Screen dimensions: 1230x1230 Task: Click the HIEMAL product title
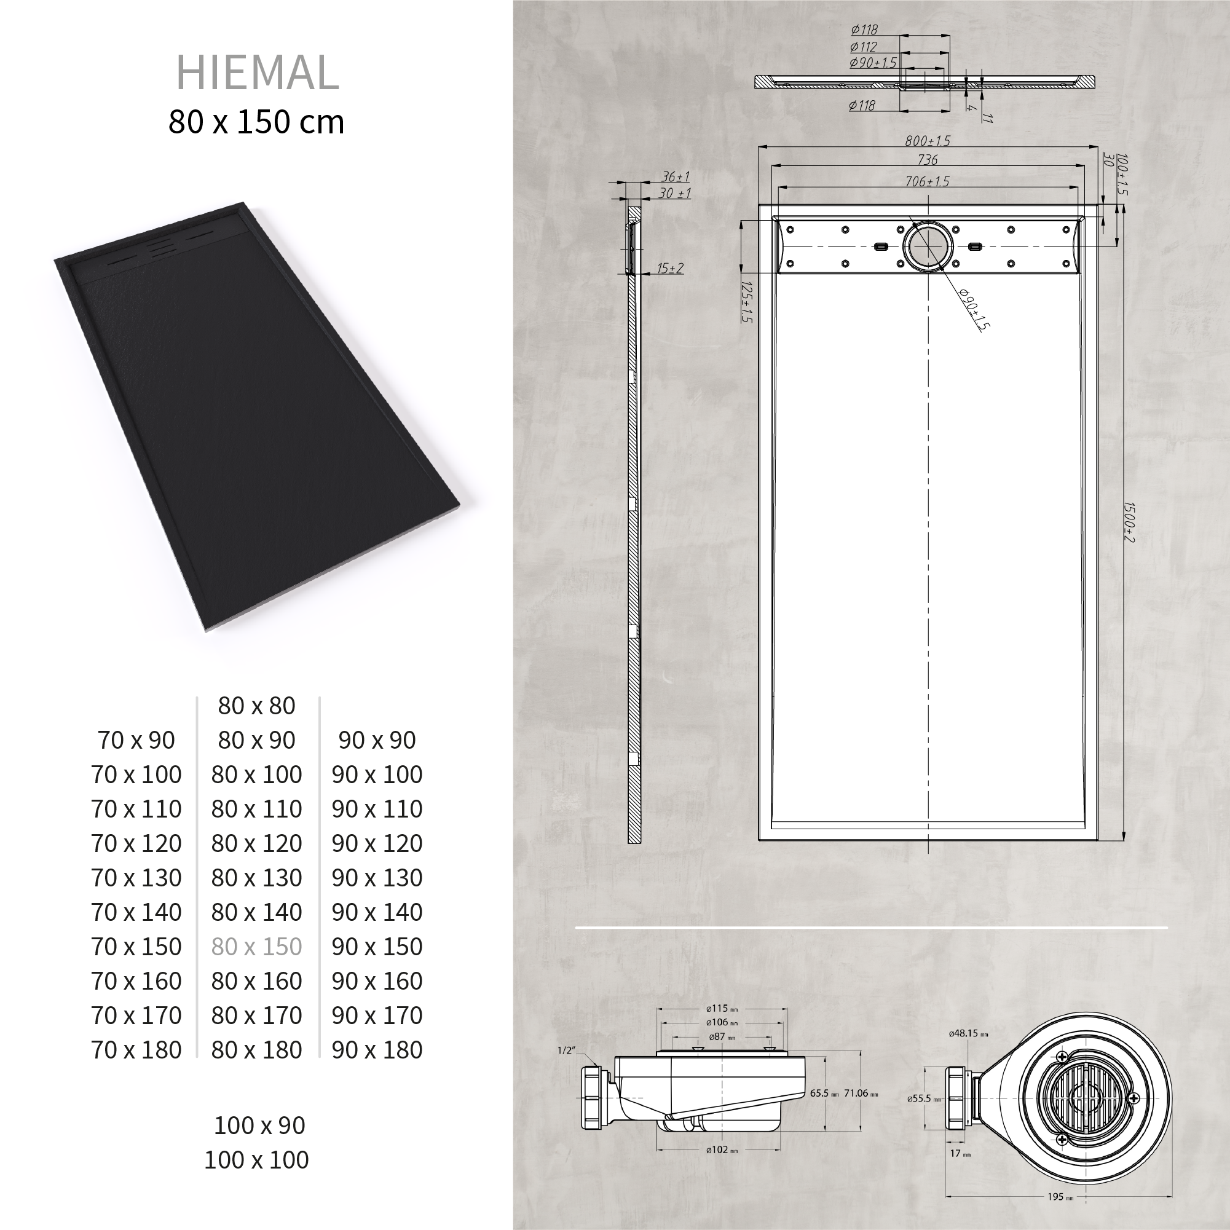click(257, 72)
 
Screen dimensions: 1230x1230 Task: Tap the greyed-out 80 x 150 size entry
click(256, 947)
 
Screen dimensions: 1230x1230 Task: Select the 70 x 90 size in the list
click(136, 740)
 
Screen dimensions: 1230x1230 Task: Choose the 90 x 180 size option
click(377, 1050)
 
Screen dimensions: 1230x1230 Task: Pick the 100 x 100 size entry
click(256, 1159)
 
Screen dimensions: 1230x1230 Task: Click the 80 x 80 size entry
click(256, 706)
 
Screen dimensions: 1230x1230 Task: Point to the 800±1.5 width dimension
click(928, 141)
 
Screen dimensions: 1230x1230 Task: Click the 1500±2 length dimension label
click(1128, 522)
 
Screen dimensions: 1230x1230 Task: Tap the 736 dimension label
click(928, 160)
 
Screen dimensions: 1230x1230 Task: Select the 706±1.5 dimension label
click(927, 181)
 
